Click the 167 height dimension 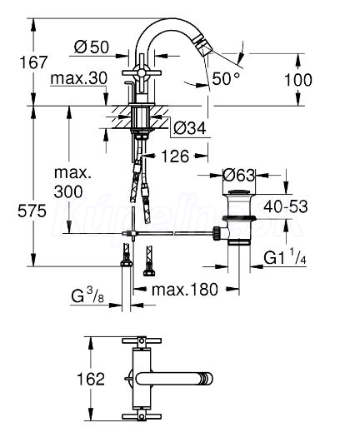(x=33, y=62)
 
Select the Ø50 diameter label (x=92, y=47)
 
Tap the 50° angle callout (x=226, y=78)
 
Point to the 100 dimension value (x=298, y=80)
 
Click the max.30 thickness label (x=78, y=77)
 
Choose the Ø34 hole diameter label (x=190, y=128)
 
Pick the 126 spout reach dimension (x=175, y=156)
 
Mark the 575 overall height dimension (x=32, y=211)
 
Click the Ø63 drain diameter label (x=238, y=176)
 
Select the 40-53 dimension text (x=286, y=206)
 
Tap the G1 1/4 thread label (x=285, y=257)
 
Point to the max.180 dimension (x=185, y=290)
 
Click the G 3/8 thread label (x=88, y=296)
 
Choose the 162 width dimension (x=91, y=379)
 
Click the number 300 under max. (x=68, y=191)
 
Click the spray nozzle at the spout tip (x=203, y=48)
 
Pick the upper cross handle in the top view (x=142, y=340)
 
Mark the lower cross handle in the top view (x=142, y=416)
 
